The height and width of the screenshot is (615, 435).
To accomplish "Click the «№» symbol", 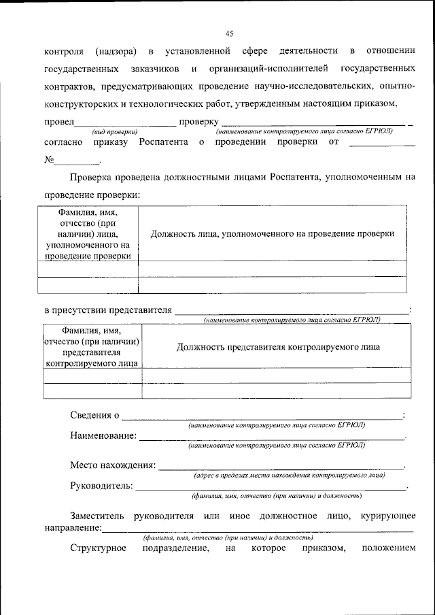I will coord(49,161).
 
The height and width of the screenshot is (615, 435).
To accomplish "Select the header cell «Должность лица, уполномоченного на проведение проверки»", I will coord(273,233).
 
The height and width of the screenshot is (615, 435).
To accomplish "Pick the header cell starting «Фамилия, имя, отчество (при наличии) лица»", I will coord(88,233).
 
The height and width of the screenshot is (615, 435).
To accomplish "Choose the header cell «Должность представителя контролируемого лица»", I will coord(277,347).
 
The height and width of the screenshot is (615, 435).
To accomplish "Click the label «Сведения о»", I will coord(94,415).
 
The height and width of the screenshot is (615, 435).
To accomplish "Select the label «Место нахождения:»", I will coord(113,465).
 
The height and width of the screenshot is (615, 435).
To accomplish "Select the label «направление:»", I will coord(73,527).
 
